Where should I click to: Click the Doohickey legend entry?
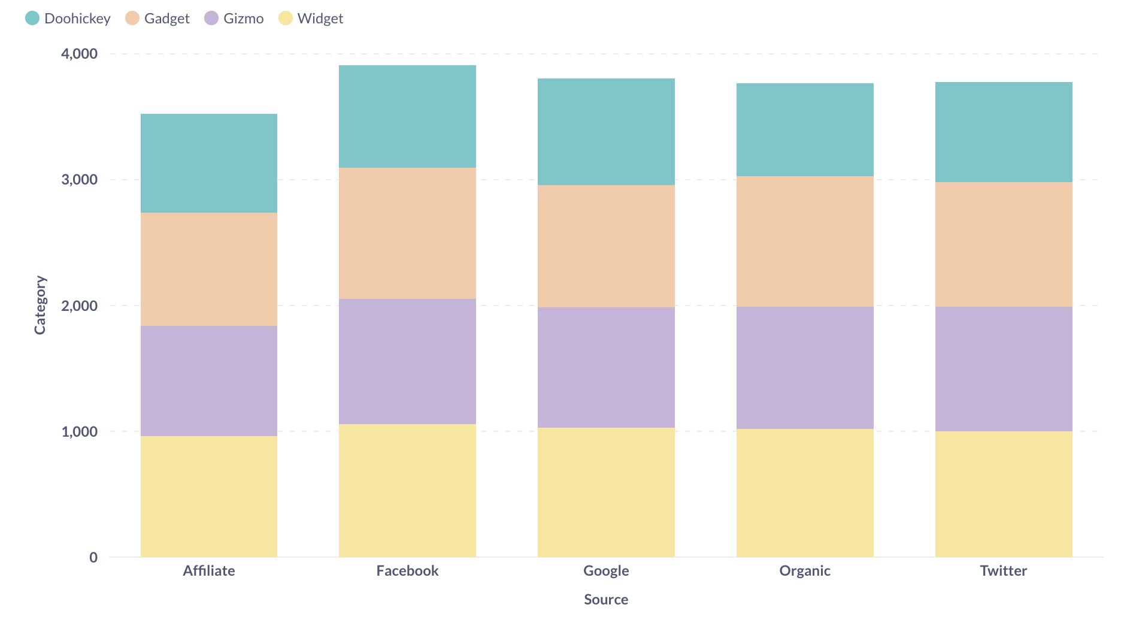[68, 19]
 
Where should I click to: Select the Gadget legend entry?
[157, 19]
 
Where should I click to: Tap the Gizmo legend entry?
[234, 19]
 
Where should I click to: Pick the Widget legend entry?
[311, 19]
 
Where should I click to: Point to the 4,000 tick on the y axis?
[79, 54]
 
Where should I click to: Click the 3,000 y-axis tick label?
[79, 180]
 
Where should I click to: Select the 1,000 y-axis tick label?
[79, 431]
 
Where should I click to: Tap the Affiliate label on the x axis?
[209, 571]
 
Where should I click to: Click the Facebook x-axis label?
[407, 571]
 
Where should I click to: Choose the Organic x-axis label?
[805, 571]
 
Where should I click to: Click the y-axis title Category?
[40, 305]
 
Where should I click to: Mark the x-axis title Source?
[606, 600]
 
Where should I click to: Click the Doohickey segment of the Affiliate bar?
[209, 163]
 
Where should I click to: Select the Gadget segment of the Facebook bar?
[407, 233]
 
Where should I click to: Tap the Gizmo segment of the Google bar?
[606, 367]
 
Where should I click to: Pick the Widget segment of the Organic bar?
[805, 492]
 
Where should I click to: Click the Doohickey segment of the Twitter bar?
[1004, 132]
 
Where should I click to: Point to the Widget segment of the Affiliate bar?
[209, 496]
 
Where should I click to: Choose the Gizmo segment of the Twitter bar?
[1004, 369]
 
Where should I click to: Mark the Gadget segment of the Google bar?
[606, 246]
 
